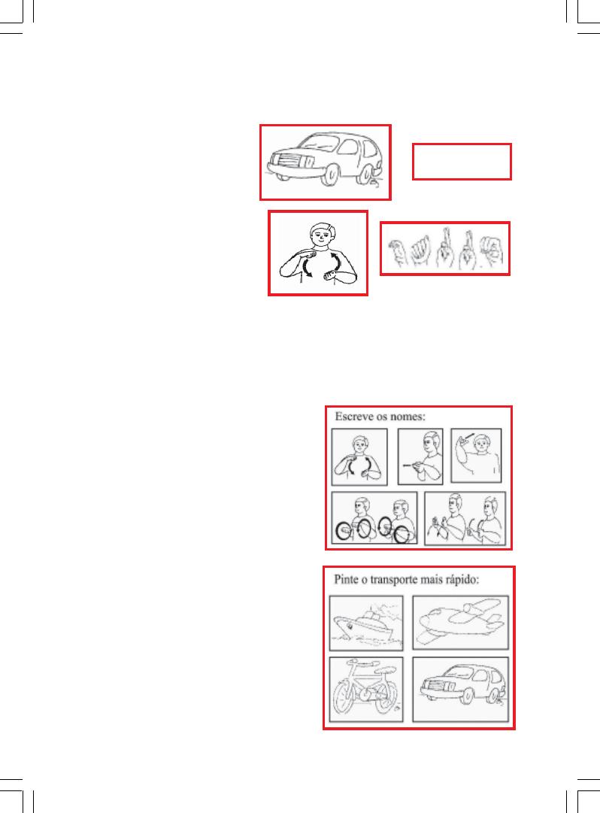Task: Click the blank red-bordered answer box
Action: pos(462,162)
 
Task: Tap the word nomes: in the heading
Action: pos(409,417)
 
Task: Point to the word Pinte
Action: pos(347,579)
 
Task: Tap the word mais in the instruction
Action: pos(431,579)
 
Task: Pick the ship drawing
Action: pos(366,623)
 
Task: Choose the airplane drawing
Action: pos(461,622)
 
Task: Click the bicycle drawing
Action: pos(366,689)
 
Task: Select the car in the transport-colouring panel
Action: pos(461,689)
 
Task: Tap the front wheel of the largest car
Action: pos(329,174)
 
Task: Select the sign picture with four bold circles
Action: pos(374,518)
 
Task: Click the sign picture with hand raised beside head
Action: pos(476,455)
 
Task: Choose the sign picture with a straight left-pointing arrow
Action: pos(420,457)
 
